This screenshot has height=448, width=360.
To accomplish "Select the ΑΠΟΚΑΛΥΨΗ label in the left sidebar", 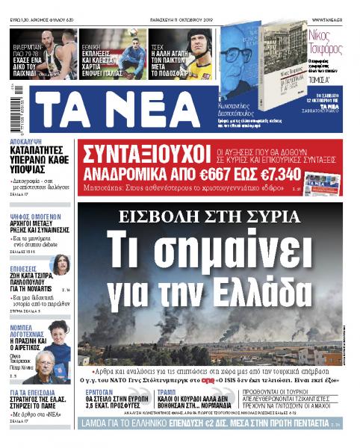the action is (26, 140).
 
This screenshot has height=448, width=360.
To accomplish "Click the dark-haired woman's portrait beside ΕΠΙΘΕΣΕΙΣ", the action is (59, 264).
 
